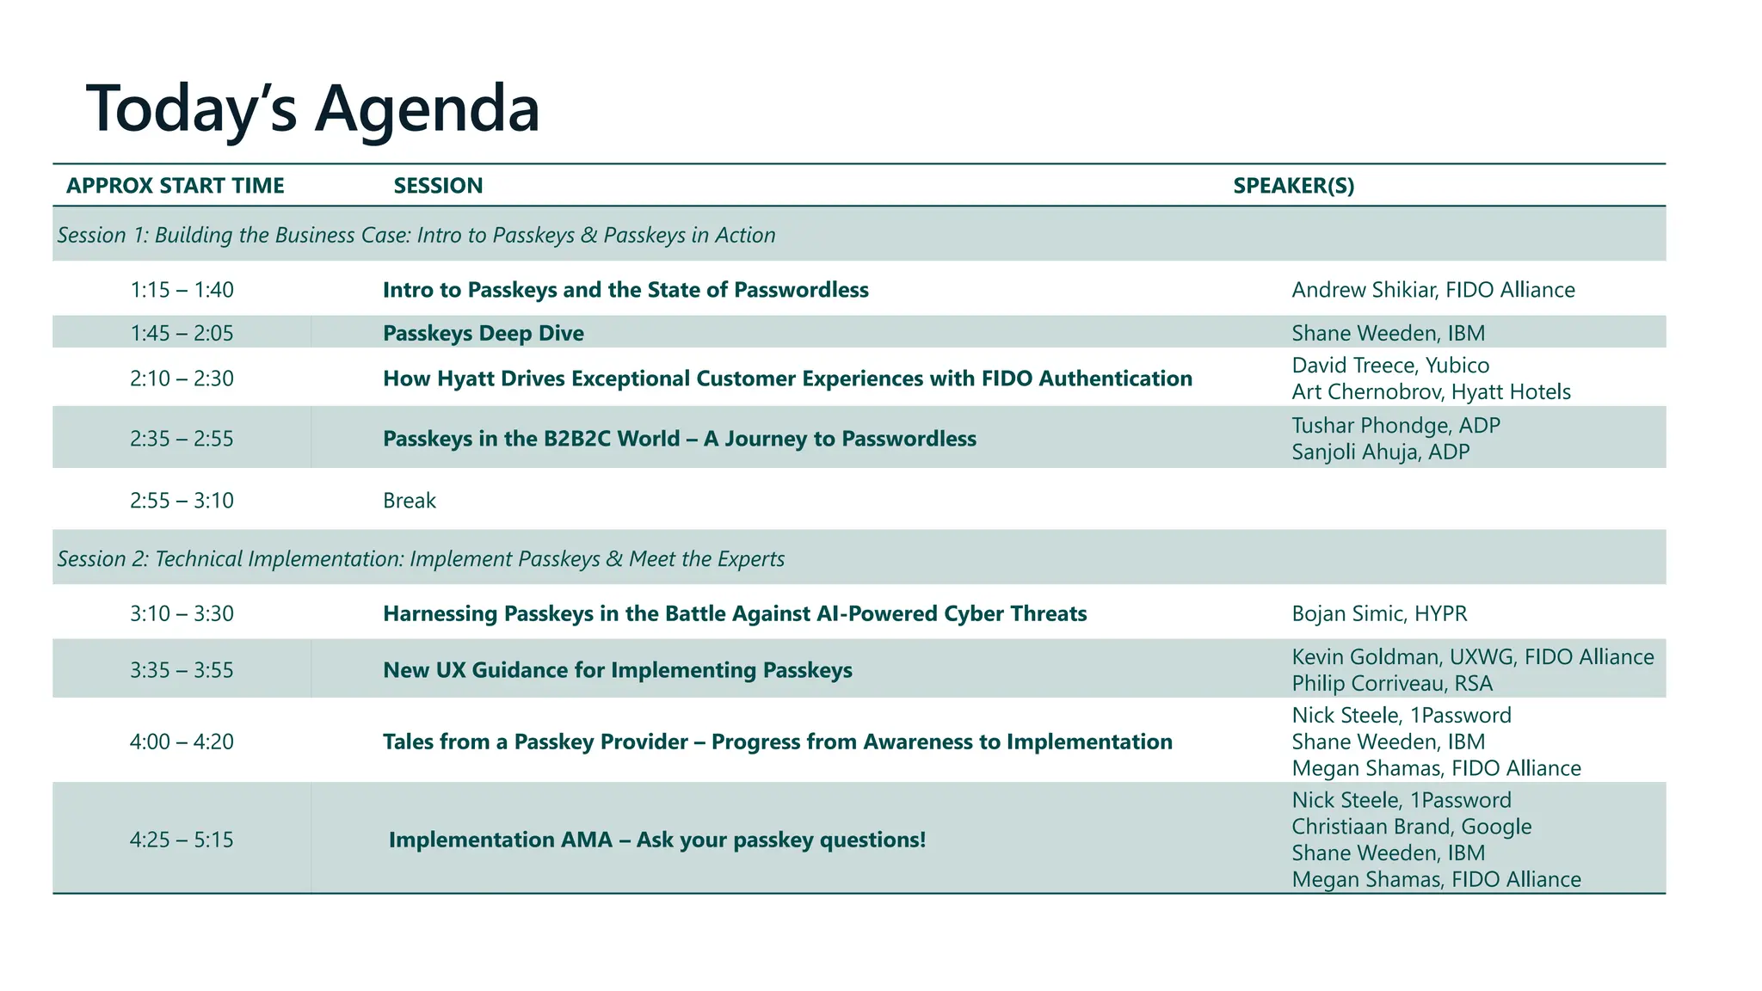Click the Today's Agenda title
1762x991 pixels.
coord(313,108)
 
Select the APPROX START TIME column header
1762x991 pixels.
coord(176,186)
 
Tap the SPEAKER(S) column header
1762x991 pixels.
coord(1293,186)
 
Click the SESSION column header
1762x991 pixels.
coord(438,186)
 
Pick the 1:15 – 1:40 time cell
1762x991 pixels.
coord(182,290)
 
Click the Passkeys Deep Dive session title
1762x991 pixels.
coord(483,333)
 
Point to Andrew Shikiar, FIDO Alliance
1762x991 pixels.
coord(1432,290)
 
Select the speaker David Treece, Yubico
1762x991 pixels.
coord(1390,366)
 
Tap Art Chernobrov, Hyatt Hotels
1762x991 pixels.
coord(1431,392)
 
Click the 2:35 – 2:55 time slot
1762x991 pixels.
coord(182,439)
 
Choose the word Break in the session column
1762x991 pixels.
coord(410,501)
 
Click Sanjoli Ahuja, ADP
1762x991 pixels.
coord(1380,452)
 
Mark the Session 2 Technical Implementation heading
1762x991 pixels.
coord(421,559)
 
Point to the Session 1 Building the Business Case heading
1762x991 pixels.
coord(416,235)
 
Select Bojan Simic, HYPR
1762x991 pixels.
coord(1379,613)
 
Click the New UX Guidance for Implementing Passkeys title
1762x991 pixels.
coord(617,670)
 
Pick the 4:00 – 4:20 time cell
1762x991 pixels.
coord(182,742)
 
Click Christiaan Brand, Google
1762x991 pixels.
coord(1411,827)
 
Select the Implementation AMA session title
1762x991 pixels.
coord(657,840)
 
